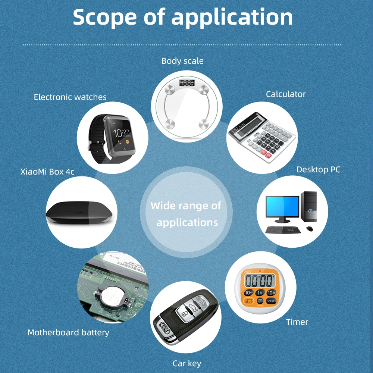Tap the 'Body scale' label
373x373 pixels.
(182, 61)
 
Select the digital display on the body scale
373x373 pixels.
(186, 83)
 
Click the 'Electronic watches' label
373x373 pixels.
(70, 97)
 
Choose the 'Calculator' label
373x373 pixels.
(286, 94)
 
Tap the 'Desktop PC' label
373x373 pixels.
(318, 170)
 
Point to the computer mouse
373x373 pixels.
(309, 228)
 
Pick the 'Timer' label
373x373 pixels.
(297, 322)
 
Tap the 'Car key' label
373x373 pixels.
(186, 363)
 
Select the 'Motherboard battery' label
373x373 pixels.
(68, 332)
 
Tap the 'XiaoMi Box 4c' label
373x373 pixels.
(47, 172)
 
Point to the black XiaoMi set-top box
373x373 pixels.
(79, 213)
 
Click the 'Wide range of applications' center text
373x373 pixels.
(186, 214)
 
